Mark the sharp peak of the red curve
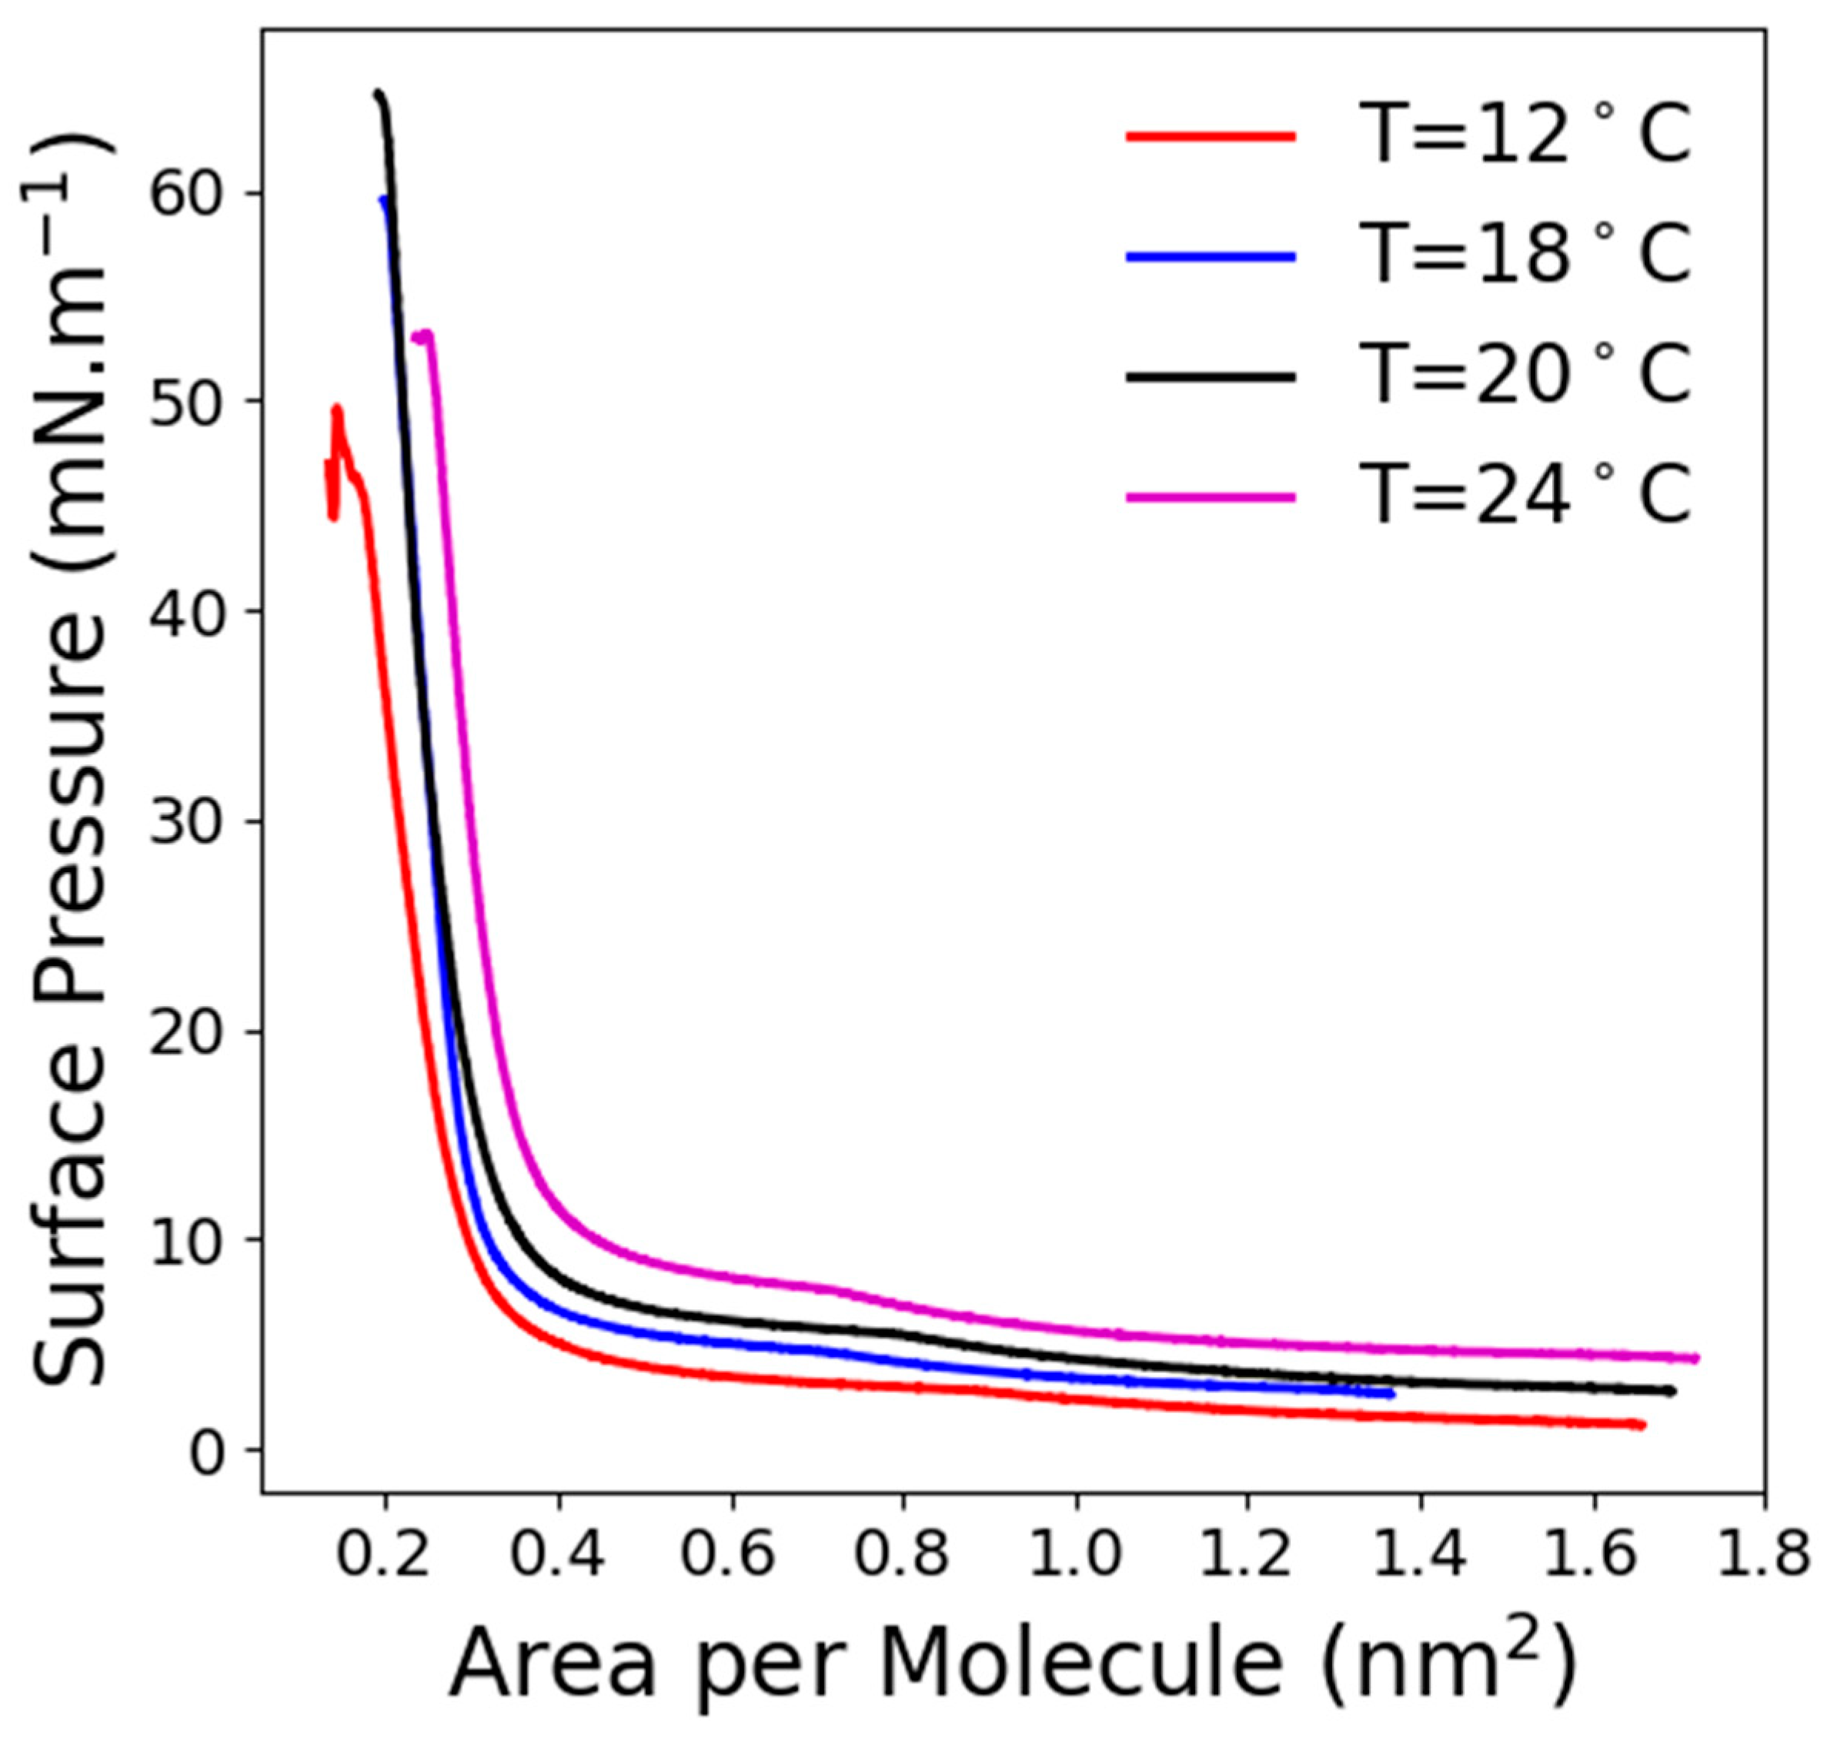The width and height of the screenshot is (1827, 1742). [x=338, y=409]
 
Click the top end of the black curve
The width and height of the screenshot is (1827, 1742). [x=378, y=94]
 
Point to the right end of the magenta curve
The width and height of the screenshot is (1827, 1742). [x=1695, y=1358]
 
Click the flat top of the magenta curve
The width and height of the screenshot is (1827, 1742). [x=422, y=335]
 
